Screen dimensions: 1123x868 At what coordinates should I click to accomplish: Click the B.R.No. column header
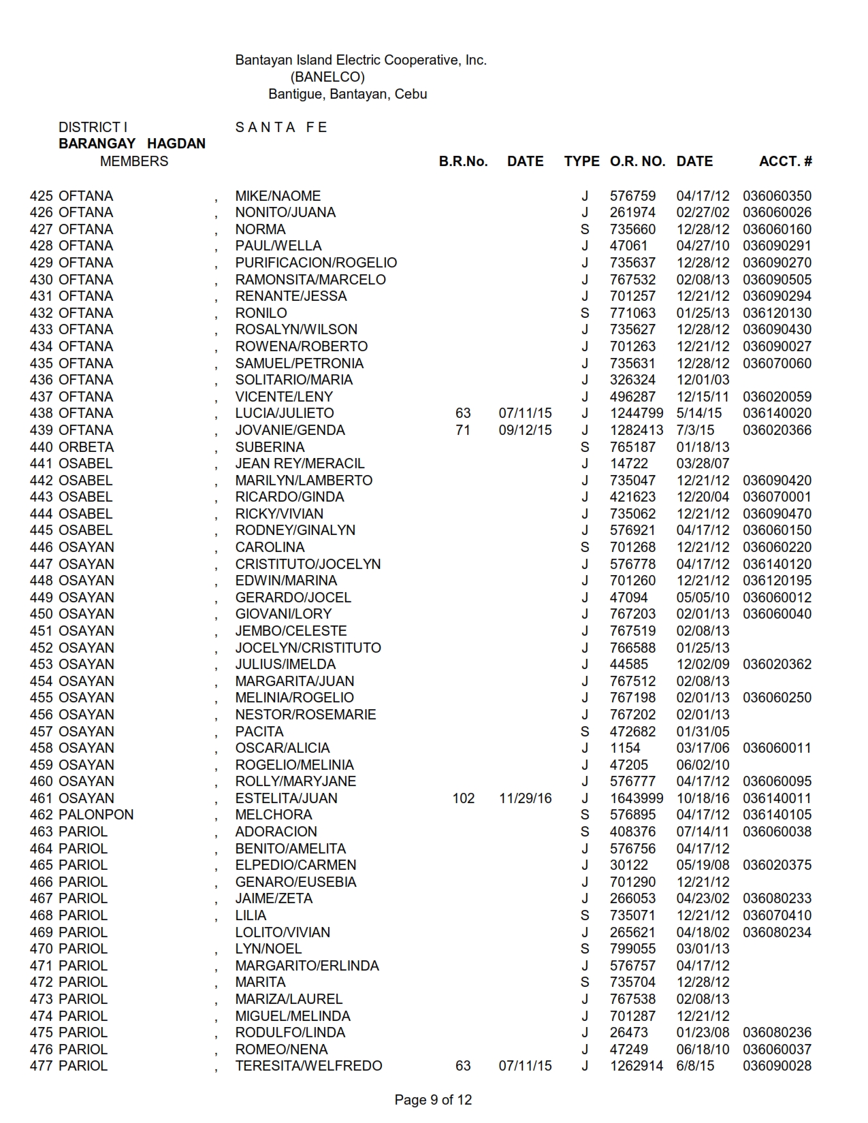[x=463, y=161]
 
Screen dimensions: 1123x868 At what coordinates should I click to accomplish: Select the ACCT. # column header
[x=785, y=161]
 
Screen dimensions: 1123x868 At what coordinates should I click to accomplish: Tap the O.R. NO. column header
[x=637, y=161]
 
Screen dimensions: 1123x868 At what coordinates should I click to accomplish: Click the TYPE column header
[x=581, y=161]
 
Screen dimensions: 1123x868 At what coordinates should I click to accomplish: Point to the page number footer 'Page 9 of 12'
[x=433, y=1100]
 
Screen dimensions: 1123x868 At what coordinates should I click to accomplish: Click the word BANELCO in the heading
[x=327, y=77]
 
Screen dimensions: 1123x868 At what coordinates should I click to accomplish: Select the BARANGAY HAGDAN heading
[x=132, y=144]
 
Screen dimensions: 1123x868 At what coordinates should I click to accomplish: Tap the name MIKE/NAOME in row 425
[x=278, y=196]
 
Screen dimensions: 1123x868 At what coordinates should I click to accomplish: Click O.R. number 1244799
[x=636, y=413]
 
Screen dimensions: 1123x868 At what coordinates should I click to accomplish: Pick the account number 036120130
[x=777, y=313]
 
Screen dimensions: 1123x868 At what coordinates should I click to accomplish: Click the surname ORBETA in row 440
[x=86, y=447]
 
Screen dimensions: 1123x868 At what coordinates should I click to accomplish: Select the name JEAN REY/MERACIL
[x=300, y=463]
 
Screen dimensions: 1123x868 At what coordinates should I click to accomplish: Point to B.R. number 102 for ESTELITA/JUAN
[x=463, y=798]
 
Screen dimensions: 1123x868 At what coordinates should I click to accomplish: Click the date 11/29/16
[x=525, y=798]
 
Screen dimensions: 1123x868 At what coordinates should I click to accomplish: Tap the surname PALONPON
[x=96, y=815]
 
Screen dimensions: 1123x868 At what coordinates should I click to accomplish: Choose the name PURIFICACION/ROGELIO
[x=316, y=263]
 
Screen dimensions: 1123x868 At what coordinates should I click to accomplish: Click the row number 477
[x=41, y=1066]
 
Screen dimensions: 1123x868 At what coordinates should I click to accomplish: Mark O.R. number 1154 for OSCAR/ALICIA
[x=625, y=748]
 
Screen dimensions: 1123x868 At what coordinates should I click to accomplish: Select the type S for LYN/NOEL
[x=585, y=949]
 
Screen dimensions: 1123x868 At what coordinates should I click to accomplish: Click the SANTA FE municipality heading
[x=281, y=127]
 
